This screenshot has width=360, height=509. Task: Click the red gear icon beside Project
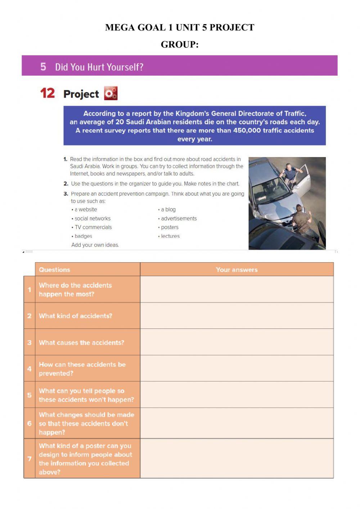tap(111, 93)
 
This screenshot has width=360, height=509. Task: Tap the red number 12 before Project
tap(48, 93)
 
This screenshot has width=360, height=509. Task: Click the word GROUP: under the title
tap(180, 44)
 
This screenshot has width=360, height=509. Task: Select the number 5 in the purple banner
tap(43, 67)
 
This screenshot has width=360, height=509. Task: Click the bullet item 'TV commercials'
tap(93, 227)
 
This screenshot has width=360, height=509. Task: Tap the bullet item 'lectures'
tap(170, 236)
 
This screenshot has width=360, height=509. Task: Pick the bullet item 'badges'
tap(83, 236)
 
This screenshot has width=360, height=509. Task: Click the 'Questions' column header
tap(55, 269)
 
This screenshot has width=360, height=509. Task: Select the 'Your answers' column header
tap(237, 269)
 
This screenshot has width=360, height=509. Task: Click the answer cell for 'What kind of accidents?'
tap(237, 316)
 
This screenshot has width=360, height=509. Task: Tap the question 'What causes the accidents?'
tap(81, 343)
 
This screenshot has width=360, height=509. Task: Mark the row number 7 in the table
tap(30, 459)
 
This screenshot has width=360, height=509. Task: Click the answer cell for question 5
tap(237, 395)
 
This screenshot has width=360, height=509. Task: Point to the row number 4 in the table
tap(30, 369)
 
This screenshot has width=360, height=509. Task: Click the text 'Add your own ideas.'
tap(95, 245)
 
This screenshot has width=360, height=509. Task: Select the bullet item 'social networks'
tap(92, 219)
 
